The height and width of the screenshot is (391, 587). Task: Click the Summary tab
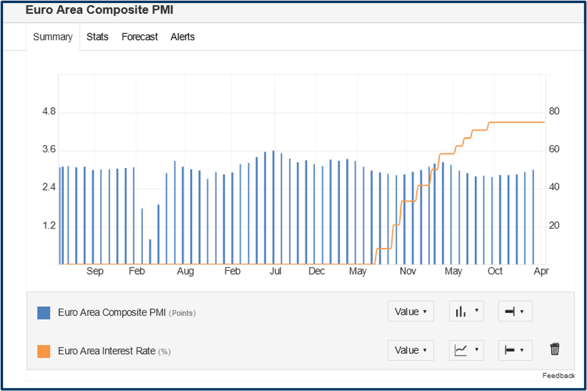tap(53, 37)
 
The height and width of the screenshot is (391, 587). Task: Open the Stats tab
tap(98, 37)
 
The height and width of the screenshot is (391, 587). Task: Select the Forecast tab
tap(139, 37)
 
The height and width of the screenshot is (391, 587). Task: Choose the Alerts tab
tap(182, 37)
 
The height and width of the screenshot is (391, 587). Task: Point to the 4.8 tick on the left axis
tap(49, 112)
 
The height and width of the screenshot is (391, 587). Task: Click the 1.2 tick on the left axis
tap(49, 226)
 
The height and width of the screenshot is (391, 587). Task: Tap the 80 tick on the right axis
tap(554, 112)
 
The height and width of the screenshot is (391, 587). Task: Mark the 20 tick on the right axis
tap(554, 226)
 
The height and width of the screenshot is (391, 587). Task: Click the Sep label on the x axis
tap(95, 271)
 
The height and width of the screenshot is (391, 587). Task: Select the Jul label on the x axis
tap(275, 271)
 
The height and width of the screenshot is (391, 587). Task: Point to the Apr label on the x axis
tap(541, 271)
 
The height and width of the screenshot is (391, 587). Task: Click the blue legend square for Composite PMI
tap(44, 312)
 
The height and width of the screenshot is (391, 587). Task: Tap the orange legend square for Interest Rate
tap(44, 351)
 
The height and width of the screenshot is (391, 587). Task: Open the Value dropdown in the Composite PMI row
tap(410, 312)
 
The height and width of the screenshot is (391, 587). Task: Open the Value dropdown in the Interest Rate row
tap(410, 350)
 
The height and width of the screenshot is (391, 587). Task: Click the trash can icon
tap(555, 350)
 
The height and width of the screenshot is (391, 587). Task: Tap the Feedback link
tap(558, 376)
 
